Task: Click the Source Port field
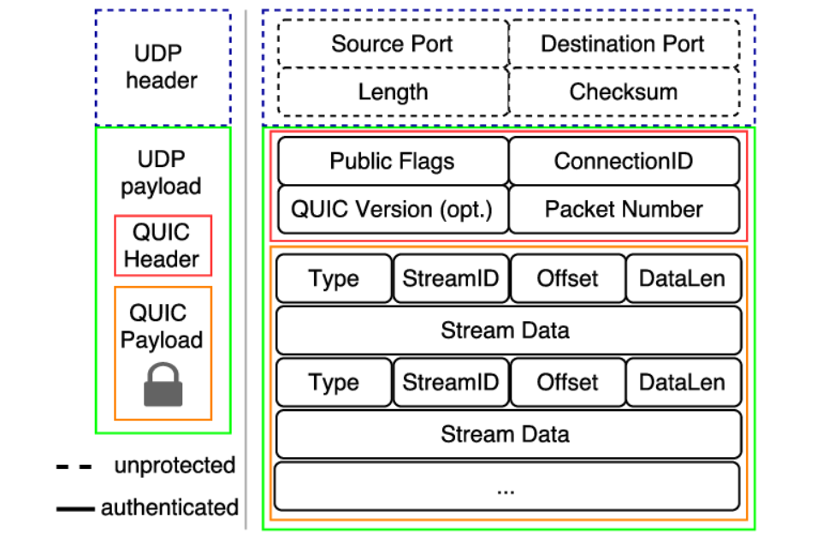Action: (x=393, y=44)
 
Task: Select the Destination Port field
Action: (x=623, y=44)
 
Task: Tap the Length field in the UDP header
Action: (x=393, y=92)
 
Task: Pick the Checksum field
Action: (x=623, y=92)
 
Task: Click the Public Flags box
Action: (x=393, y=161)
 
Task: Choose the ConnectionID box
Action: (x=624, y=161)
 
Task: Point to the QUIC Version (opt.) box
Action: (x=393, y=209)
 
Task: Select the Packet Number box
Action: (x=624, y=209)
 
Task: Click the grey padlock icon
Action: (x=163, y=385)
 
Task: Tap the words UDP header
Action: (x=162, y=67)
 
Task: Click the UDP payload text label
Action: (x=162, y=173)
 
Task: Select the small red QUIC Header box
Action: (x=163, y=246)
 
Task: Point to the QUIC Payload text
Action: (x=162, y=326)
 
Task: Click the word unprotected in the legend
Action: (x=174, y=466)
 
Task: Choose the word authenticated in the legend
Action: (x=169, y=507)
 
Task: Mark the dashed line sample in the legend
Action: (x=74, y=467)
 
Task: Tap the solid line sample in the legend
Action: (x=74, y=508)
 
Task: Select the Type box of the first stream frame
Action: (x=334, y=279)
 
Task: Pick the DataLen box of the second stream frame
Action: (x=682, y=383)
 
